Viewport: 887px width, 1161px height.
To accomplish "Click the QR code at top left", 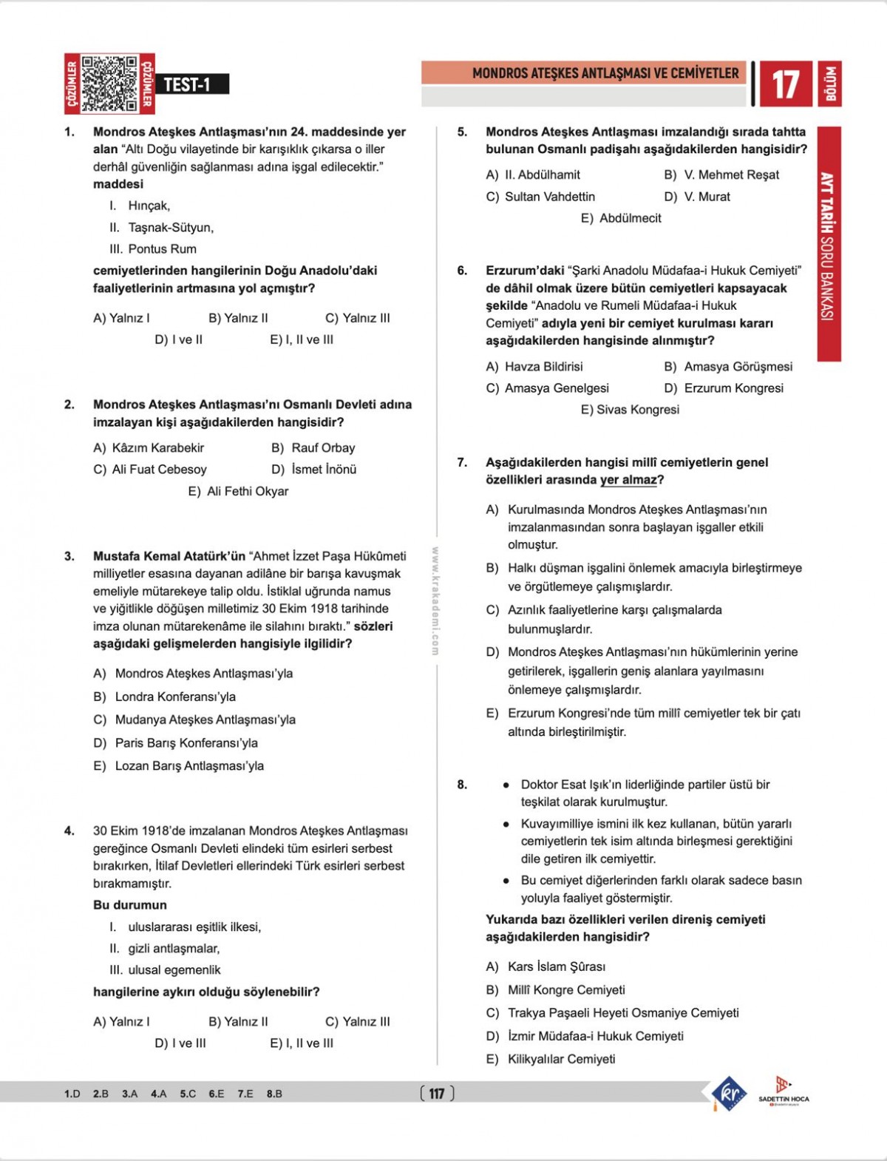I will (x=109, y=84).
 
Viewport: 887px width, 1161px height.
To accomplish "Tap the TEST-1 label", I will (x=188, y=84).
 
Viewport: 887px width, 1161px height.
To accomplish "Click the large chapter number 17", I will (x=784, y=84).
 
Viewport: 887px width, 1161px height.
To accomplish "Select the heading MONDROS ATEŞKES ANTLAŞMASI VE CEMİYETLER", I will (x=605, y=73).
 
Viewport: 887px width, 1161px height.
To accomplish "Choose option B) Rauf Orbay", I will (x=313, y=447).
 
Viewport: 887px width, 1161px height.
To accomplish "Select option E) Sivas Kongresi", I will (x=630, y=410).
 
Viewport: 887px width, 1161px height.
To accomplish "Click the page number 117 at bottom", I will (x=437, y=1093).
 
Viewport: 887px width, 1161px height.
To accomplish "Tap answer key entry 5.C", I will (x=188, y=1094).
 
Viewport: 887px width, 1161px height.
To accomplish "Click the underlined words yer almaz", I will (x=628, y=480).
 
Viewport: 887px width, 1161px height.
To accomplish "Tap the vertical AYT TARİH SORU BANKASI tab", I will (x=829, y=244).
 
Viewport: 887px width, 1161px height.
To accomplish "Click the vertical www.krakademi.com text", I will (x=435, y=600).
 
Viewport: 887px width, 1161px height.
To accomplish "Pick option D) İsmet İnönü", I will (x=314, y=470).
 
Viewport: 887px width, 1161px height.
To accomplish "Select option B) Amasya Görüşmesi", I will (x=728, y=367).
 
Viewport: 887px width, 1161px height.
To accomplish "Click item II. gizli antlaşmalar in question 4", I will (x=165, y=948).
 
